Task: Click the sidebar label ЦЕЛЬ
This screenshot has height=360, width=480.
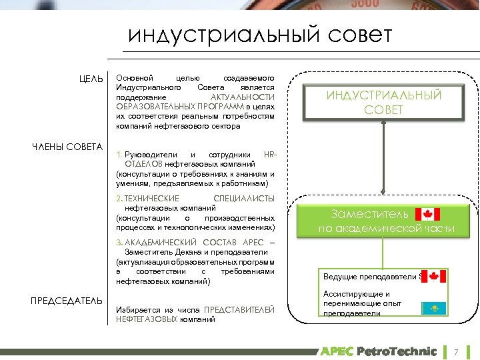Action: [x=90, y=79]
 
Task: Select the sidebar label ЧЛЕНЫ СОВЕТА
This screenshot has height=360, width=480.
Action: [x=67, y=147]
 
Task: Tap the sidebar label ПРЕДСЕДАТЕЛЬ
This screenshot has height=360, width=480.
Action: [x=67, y=301]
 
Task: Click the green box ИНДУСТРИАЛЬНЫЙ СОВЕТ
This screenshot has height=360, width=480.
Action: [x=383, y=103]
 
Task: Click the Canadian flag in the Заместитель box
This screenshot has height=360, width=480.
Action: [x=428, y=214]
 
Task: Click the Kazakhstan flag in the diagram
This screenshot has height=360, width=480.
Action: [x=433, y=308]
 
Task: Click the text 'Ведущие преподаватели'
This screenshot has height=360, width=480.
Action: [x=369, y=277]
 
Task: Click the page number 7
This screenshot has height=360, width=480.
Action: [x=457, y=351]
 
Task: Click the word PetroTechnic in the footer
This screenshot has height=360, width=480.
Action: [x=397, y=351]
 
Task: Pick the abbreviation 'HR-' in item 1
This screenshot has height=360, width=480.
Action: [x=269, y=154]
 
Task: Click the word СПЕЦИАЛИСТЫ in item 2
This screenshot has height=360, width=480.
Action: [x=243, y=199]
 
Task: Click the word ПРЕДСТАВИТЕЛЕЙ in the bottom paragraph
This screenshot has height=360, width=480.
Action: [x=239, y=310]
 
